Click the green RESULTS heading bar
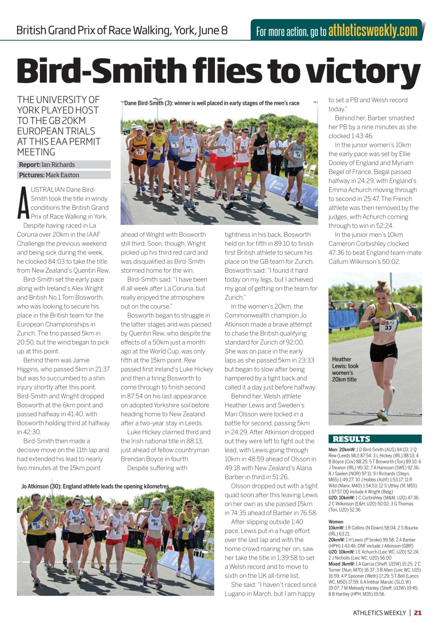click(375, 439)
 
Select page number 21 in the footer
click(417, 612)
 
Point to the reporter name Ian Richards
click(58, 165)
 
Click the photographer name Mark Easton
click(61, 175)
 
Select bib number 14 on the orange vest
click(140, 152)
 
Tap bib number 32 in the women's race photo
click(37, 525)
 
